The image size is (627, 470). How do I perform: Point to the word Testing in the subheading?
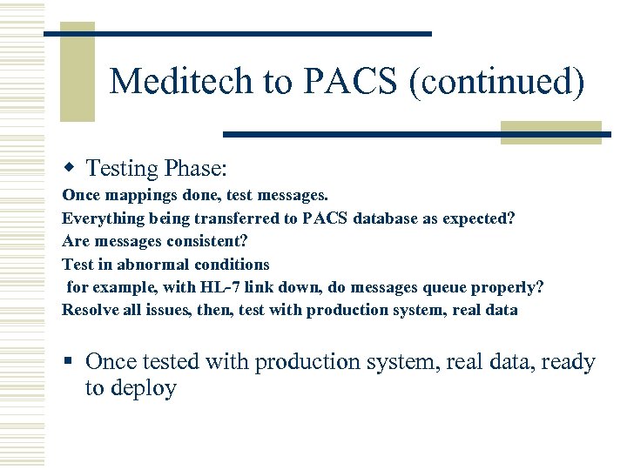click(123, 168)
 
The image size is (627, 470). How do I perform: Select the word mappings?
click(129, 196)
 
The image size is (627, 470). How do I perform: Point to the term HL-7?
click(222, 287)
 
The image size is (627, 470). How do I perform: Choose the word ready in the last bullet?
click(568, 362)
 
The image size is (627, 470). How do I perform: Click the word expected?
click(478, 218)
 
